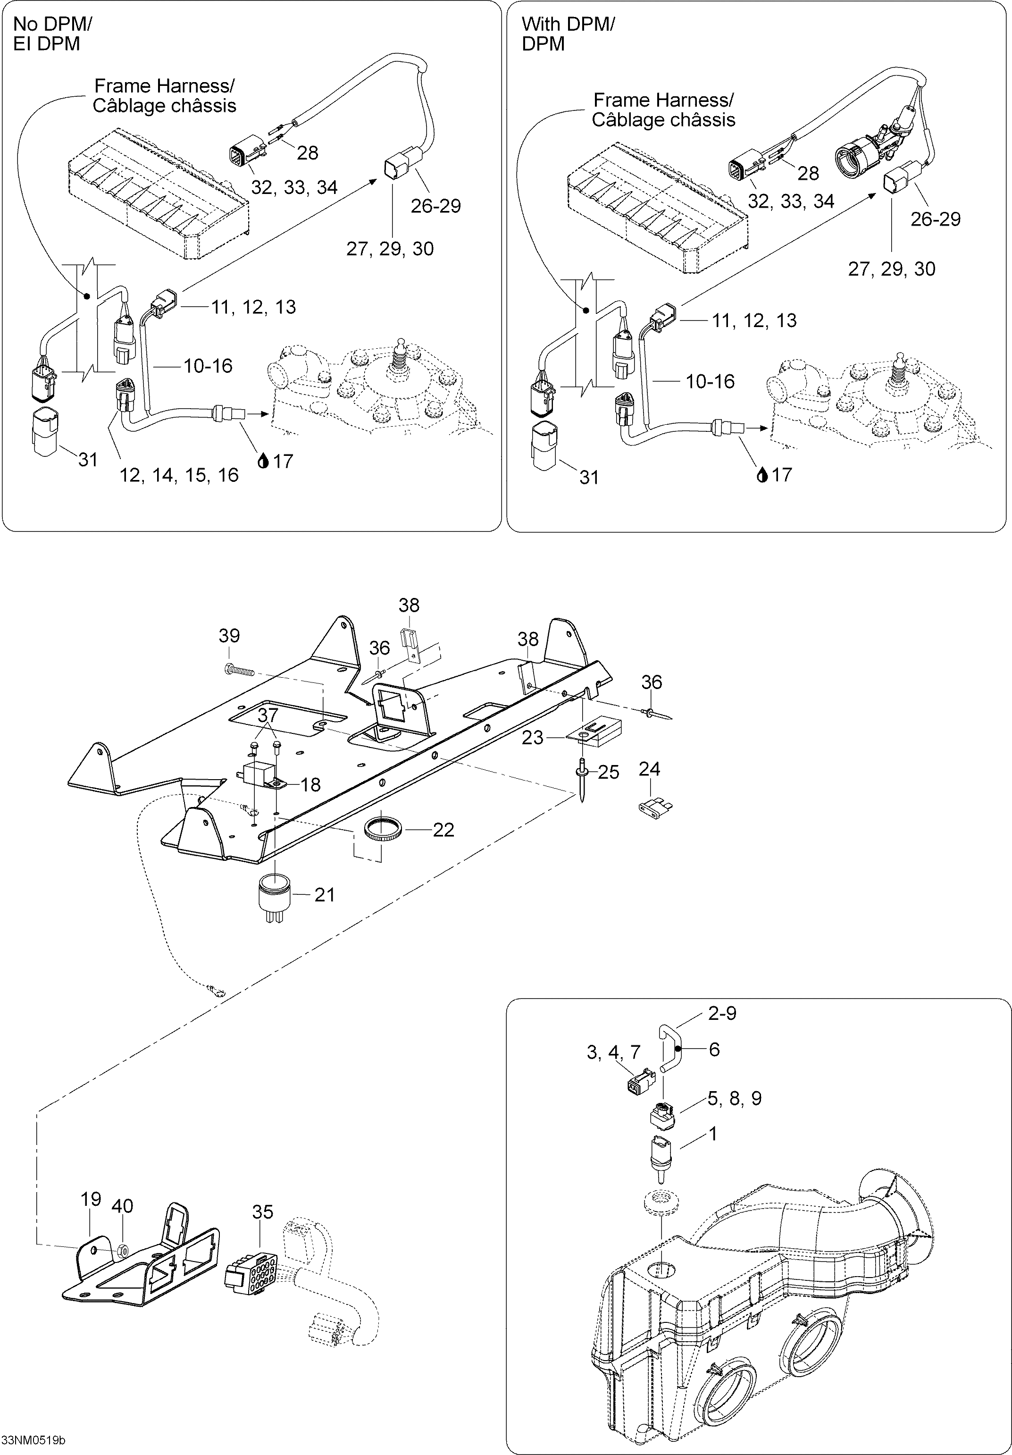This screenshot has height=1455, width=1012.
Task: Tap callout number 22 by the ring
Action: pyautogui.click(x=443, y=830)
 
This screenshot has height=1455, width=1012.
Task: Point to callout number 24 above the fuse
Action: pyautogui.click(x=650, y=769)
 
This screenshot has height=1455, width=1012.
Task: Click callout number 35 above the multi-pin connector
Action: pyautogui.click(x=262, y=1211)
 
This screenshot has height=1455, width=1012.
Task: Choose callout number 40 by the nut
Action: pyautogui.click(x=122, y=1205)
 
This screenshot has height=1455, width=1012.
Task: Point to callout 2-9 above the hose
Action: pyautogui.click(x=722, y=1013)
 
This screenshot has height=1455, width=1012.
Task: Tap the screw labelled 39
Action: pyautogui.click(x=239, y=667)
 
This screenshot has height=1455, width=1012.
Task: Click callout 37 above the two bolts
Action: pyautogui.click(x=268, y=715)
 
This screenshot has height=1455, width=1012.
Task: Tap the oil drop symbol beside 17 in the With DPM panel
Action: pyautogui.click(x=762, y=475)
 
